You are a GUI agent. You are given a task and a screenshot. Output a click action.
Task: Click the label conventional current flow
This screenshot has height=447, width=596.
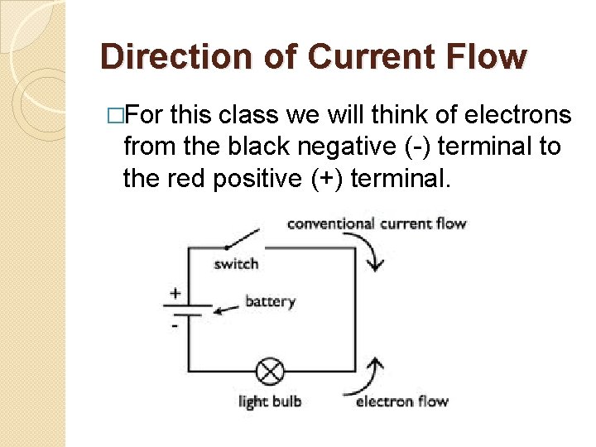377,223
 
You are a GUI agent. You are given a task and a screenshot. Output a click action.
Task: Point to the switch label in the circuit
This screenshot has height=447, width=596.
237,264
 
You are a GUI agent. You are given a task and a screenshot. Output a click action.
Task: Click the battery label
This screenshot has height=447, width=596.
270,301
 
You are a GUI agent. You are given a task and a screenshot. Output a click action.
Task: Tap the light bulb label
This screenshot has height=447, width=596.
270,401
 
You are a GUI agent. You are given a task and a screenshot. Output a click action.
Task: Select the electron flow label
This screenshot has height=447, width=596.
402,401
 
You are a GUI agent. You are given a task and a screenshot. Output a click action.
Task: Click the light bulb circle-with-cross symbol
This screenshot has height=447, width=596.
269,370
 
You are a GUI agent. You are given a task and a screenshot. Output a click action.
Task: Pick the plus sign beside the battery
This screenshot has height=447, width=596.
175,292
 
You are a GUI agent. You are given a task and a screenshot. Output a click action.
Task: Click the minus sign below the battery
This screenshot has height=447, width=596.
175,325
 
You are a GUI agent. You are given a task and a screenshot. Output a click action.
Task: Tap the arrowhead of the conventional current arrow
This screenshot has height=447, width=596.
377,265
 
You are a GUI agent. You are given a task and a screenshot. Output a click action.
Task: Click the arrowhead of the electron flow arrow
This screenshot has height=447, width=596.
377,363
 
